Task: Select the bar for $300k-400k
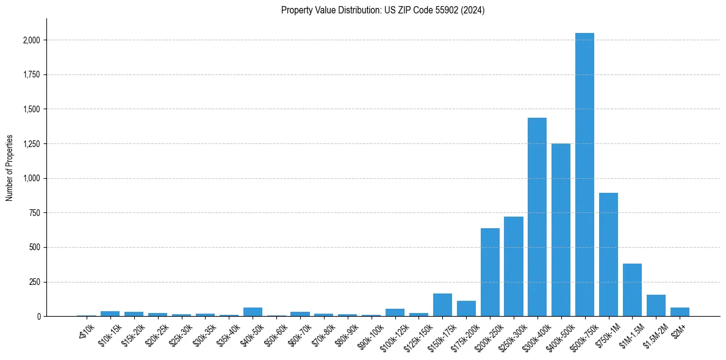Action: (537, 217)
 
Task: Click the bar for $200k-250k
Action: (490, 272)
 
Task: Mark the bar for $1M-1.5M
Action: (632, 290)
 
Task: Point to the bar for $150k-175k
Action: (442, 305)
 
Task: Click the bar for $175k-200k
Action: (466, 309)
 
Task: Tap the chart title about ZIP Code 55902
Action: (383, 10)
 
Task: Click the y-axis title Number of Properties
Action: (10, 168)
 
